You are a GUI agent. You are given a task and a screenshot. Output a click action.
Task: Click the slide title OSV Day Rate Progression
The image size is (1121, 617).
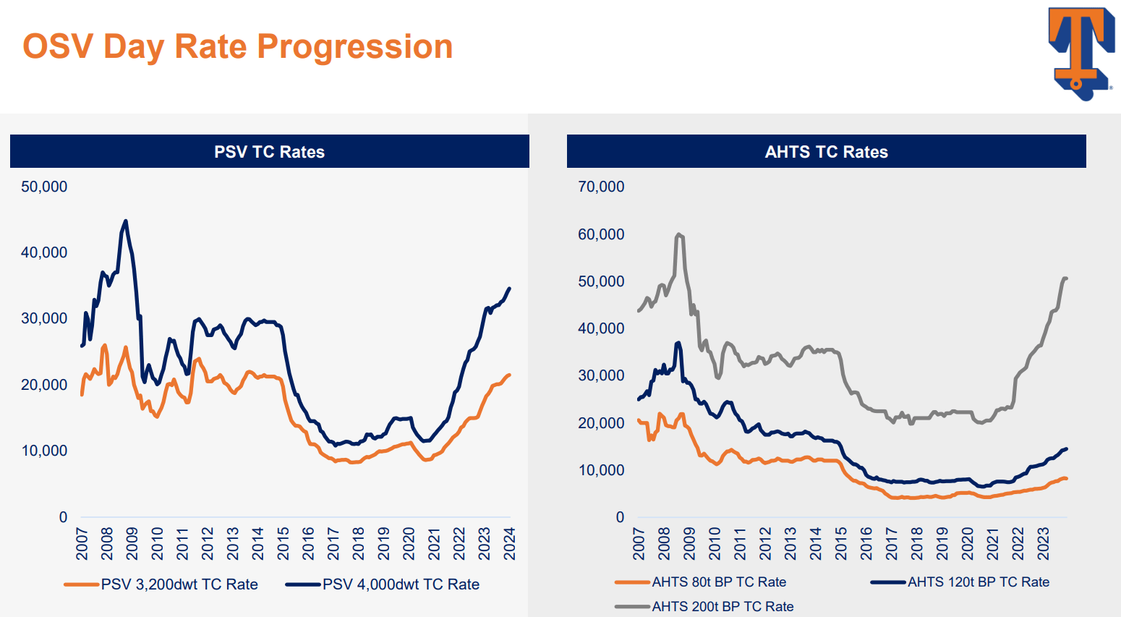(x=237, y=47)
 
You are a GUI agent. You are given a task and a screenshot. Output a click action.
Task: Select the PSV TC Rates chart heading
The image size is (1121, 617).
(x=269, y=152)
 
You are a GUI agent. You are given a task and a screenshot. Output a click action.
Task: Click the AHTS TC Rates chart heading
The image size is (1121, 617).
(x=826, y=152)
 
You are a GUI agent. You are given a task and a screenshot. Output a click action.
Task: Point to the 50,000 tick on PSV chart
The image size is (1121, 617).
(x=44, y=187)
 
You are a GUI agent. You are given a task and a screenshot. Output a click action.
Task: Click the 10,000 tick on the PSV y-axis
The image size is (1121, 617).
(x=44, y=451)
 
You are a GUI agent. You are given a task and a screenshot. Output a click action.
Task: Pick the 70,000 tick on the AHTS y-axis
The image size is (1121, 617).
(x=601, y=187)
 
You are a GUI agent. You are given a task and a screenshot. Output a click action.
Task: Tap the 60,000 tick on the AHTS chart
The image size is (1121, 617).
(x=601, y=234)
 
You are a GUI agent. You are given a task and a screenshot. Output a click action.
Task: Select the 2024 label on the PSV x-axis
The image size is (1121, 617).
(x=510, y=543)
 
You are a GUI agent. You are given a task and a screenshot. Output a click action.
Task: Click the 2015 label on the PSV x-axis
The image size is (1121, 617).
(x=284, y=543)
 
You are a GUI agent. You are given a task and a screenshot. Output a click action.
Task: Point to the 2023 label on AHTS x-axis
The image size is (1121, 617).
(x=1044, y=543)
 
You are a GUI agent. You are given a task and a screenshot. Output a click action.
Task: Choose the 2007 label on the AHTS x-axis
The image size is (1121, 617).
(x=639, y=543)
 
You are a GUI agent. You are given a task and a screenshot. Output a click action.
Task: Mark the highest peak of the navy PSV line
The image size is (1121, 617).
(x=126, y=221)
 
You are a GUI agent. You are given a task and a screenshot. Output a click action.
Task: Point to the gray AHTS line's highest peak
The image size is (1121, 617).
(x=678, y=234)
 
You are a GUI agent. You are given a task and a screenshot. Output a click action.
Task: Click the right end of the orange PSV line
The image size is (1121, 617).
(x=510, y=375)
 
